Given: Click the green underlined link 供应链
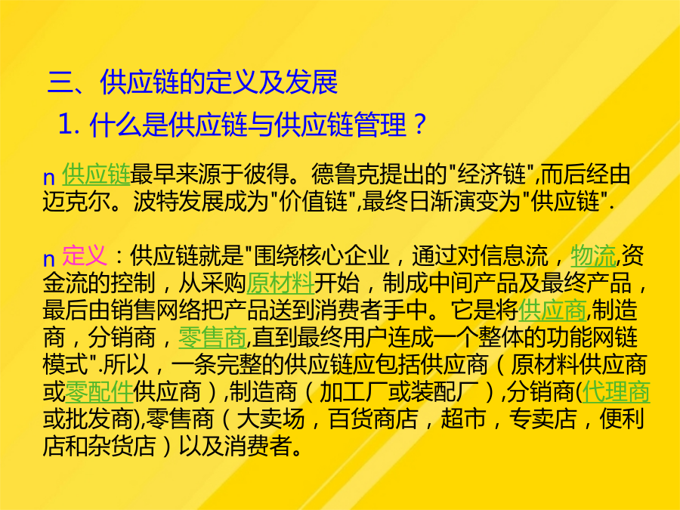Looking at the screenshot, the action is [96, 175].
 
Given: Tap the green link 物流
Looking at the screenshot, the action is [593, 255].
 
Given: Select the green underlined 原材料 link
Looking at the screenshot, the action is [280, 283].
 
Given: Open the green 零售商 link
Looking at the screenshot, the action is [212, 338].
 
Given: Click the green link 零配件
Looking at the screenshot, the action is [99, 391].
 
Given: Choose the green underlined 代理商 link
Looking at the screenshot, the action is [616, 391].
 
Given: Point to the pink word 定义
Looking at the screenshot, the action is [85, 255].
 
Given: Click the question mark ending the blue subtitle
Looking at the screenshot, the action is [419, 125].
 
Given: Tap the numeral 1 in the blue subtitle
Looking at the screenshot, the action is [65, 125].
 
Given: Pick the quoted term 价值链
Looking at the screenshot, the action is [314, 202].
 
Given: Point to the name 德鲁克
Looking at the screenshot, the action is [345, 175].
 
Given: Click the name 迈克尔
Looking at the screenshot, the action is [77, 202].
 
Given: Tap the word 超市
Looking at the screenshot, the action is [463, 419].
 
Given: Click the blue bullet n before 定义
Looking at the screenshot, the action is [48, 259].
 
